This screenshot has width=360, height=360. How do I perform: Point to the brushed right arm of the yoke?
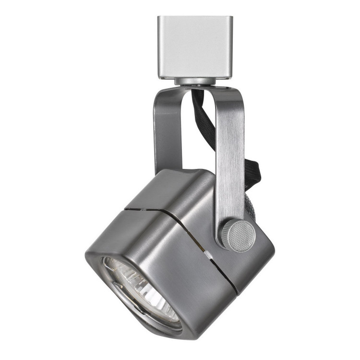229,158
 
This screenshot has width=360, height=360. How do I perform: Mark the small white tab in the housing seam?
209,253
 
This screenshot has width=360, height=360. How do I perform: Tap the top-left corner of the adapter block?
159,18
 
